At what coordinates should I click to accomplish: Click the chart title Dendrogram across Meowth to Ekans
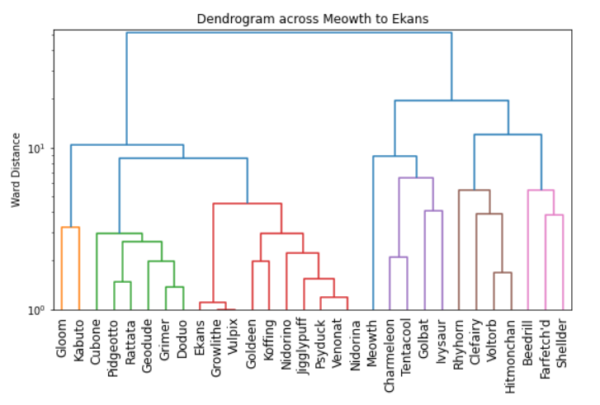click(x=312, y=19)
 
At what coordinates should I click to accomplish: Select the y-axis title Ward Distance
click(x=16, y=171)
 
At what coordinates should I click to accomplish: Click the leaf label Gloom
click(x=62, y=339)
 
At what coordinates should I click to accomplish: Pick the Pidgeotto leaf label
click(x=114, y=350)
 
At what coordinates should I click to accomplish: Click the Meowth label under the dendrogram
click(x=373, y=343)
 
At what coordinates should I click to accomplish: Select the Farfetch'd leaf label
click(x=546, y=350)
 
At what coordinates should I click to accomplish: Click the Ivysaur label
click(x=442, y=342)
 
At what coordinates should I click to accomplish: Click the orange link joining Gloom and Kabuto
click(x=70, y=227)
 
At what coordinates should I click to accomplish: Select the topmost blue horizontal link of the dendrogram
click(x=289, y=33)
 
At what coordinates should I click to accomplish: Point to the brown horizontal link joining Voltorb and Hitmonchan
click(x=503, y=272)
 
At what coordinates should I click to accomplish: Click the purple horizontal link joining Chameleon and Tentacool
click(x=399, y=257)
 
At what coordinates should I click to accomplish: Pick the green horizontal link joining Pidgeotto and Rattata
click(x=122, y=282)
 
